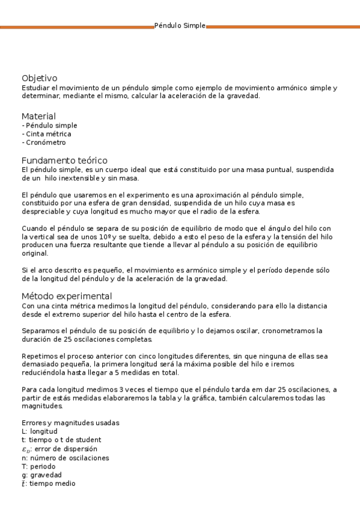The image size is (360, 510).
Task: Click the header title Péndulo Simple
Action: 180,26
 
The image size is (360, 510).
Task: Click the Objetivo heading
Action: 39,78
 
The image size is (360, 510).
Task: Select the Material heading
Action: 38,116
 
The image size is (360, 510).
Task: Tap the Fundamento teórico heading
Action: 64,161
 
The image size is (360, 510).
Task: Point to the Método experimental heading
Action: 66,296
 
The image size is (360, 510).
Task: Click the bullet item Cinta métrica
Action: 46,134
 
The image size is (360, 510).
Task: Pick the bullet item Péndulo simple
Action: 49,126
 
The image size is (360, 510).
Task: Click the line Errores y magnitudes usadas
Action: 70,423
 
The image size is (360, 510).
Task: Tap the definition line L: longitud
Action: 39,431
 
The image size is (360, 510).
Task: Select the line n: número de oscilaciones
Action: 65,458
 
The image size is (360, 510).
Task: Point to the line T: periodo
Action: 38,466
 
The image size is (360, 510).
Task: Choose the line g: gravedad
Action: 41,475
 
